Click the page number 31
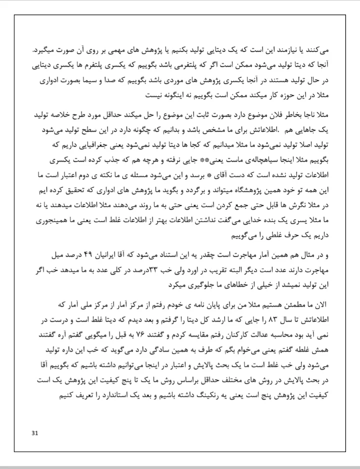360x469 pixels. tap(34, 433)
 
